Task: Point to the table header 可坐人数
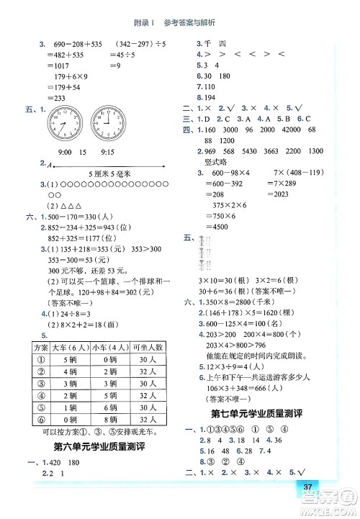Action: point(146,348)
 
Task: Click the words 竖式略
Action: point(217,162)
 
